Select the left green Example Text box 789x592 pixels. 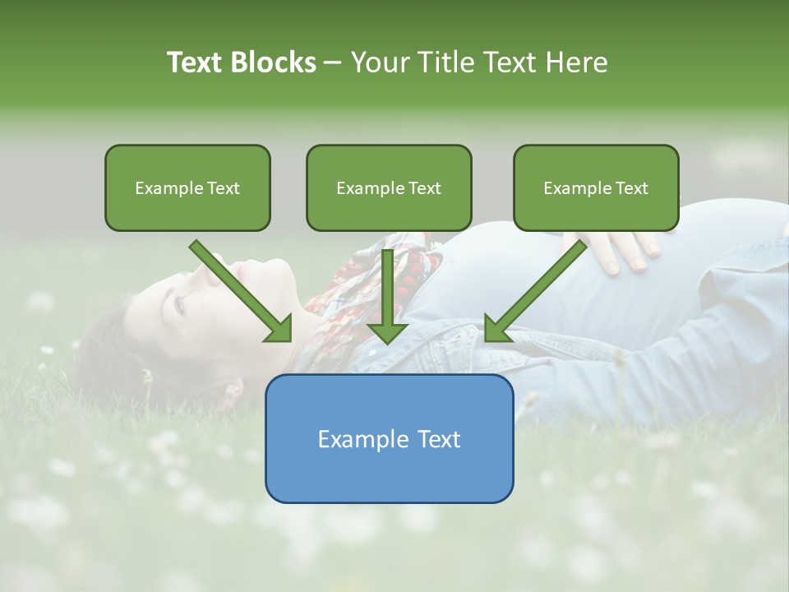tap(187, 187)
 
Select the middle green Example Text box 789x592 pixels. tap(389, 187)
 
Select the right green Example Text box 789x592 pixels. tap(596, 187)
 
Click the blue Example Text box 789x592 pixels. tap(389, 438)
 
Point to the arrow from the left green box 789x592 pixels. tap(238, 288)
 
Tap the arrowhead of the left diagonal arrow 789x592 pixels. tap(279, 328)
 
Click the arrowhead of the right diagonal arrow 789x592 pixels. tap(497, 328)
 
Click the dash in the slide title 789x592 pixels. tap(333, 62)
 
